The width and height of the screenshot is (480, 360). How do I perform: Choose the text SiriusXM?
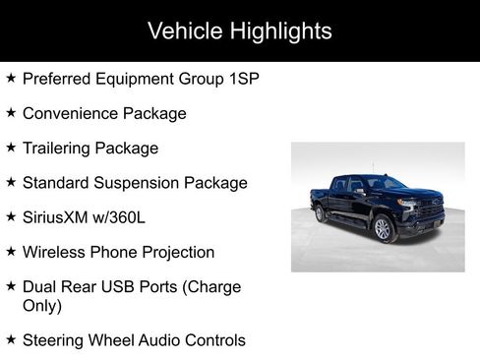click(x=56, y=216)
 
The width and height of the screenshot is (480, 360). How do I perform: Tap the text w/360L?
click(x=124, y=216)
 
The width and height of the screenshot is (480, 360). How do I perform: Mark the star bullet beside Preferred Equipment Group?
click(x=10, y=78)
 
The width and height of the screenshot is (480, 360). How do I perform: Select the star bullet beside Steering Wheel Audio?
click(x=10, y=339)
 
